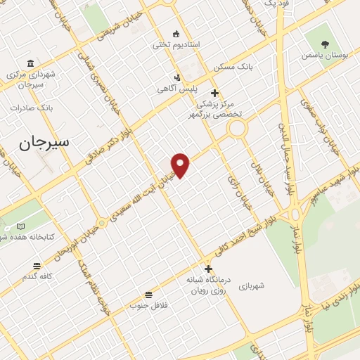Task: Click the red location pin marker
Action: pos(181,165)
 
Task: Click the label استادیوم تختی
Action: pos(176,44)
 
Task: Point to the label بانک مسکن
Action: pos(234,67)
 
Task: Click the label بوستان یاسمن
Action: pos(325,53)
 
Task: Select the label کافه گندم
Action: pos(37,276)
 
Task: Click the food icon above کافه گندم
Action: pos(37,265)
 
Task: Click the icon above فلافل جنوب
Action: pos(148,295)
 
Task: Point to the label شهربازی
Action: pos(251,286)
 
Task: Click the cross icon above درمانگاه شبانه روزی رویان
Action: pos(208,269)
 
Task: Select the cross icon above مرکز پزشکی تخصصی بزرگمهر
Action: pos(214,93)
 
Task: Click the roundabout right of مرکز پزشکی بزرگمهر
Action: pos(236,128)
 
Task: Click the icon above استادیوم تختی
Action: pos(176,33)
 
